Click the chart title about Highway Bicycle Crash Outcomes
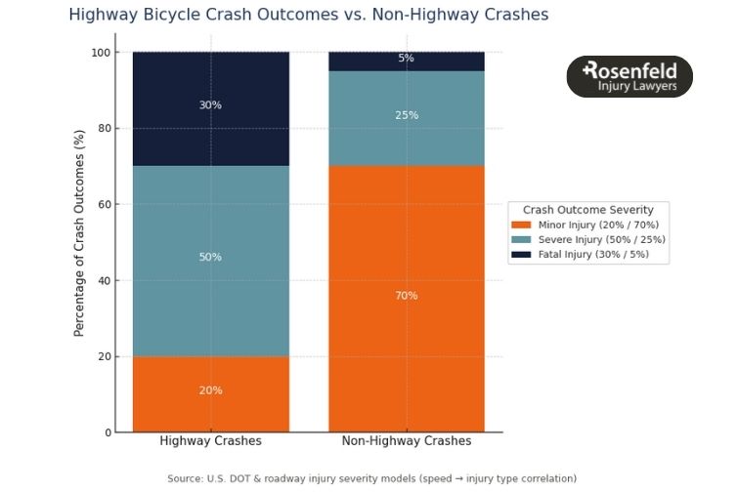[308, 15]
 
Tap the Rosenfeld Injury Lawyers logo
[629, 76]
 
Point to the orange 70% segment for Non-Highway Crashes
[406, 322]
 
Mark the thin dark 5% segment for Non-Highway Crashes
[406, 61]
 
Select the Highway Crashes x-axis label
[210, 441]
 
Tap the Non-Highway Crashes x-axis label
[406, 441]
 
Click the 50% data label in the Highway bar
[210, 258]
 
